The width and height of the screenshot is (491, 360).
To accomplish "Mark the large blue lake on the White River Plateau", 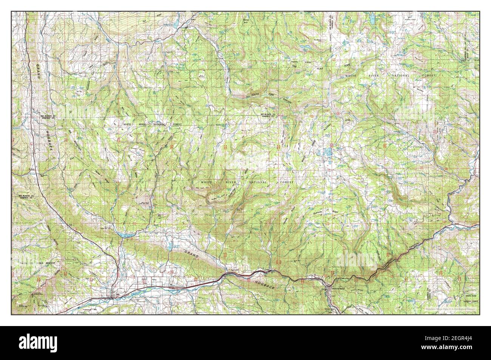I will tap(327, 153).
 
